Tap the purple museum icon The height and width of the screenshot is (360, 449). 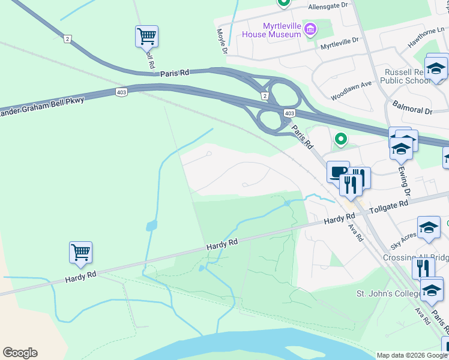(310, 29)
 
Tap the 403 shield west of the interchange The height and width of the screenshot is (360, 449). (121, 92)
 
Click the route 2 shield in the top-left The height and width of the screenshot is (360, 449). (68, 38)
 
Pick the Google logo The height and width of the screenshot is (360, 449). (20, 352)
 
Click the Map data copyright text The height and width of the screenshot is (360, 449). (412, 355)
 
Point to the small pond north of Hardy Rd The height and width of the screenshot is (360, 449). (151, 226)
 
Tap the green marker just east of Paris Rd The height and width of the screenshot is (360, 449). (341, 139)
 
